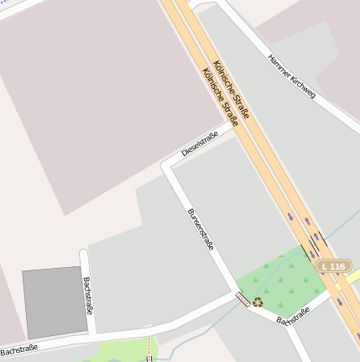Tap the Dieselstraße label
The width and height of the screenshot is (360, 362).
tap(200, 144)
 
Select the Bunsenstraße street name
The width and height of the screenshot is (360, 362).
tap(201, 228)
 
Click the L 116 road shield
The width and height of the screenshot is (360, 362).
tap(333, 266)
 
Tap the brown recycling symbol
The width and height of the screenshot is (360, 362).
tap(258, 302)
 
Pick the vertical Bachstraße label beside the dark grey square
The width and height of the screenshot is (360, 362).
tap(87, 305)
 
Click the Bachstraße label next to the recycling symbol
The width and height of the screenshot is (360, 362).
tap(293, 316)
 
